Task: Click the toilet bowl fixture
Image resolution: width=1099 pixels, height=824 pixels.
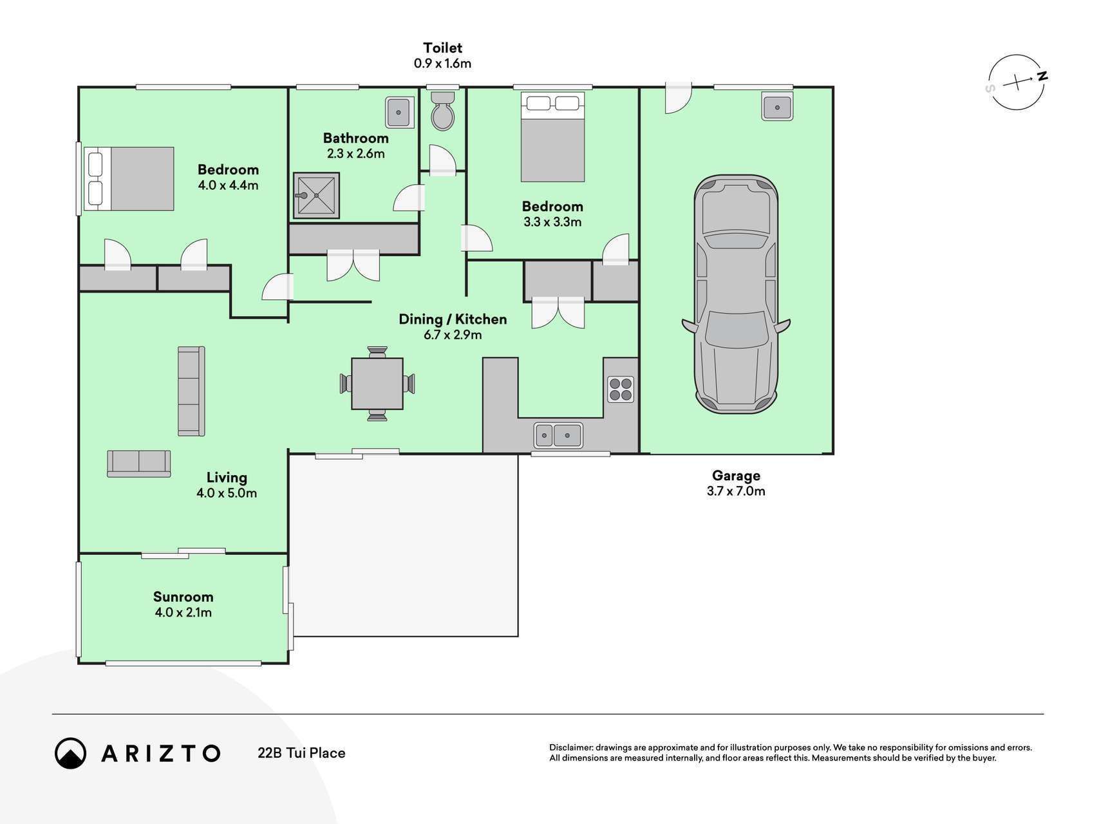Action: pyautogui.click(x=442, y=111)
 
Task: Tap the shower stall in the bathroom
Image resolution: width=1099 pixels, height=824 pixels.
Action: pyautogui.click(x=316, y=196)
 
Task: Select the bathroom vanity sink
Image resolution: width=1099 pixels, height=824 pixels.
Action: pyautogui.click(x=399, y=113)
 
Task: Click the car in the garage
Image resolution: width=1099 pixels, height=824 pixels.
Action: pyautogui.click(x=736, y=294)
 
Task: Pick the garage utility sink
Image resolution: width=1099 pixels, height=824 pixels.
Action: pyautogui.click(x=777, y=106)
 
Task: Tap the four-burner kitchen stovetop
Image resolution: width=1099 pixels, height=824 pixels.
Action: pyautogui.click(x=621, y=389)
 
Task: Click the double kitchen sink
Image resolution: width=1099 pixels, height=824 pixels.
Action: pyautogui.click(x=558, y=436)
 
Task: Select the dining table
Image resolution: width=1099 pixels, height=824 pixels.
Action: pyautogui.click(x=377, y=384)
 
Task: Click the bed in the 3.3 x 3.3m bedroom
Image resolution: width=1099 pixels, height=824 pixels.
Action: pyautogui.click(x=552, y=137)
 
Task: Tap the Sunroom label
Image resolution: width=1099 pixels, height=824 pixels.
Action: pyautogui.click(x=183, y=597)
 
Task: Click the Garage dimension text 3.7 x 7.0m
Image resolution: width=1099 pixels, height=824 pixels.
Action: pyautogui.click(x=736, y=491)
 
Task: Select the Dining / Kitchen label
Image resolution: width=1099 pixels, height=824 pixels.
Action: pyautogui.click(x=453, y=319)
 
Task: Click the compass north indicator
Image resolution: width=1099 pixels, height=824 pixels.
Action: pyautogui.click(x=1041, y=77)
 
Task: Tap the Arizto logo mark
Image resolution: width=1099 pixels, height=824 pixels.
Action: pyautogui.click(x=71, y=753)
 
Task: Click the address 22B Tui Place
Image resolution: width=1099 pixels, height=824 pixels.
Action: pyautogui.click(x=301, y=753)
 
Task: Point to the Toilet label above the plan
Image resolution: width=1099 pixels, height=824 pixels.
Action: pyautogui.click(x=442, y=48)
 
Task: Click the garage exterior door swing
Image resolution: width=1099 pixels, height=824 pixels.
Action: pyautogui.click(x=678, y=98)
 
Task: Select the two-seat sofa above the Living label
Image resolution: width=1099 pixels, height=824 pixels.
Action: pyautogui.click(x=139, y=464)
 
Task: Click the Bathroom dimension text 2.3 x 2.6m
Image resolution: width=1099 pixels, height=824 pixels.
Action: pyautogui.click(x=355, y=154)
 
